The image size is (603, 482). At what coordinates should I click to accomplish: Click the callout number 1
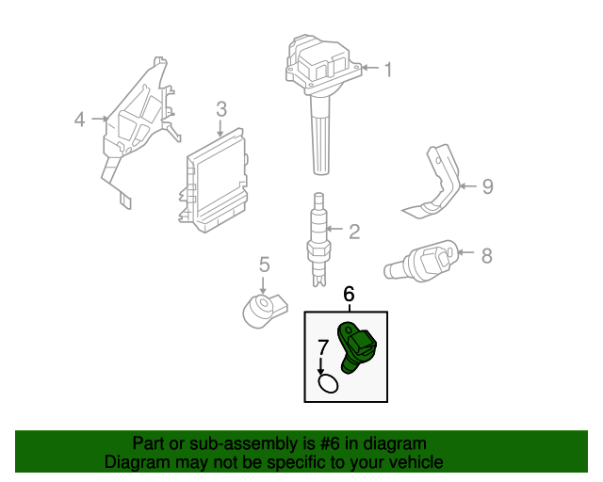coord(387,69)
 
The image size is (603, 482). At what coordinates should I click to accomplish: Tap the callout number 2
coord(354,232)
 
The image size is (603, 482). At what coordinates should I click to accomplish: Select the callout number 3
coord(220,109)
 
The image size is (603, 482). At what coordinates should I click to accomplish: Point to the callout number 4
coord(80,120)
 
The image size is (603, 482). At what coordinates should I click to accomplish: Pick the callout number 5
coord(265,265)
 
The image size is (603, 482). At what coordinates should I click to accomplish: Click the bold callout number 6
coord(349,295)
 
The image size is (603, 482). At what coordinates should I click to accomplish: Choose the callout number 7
coord(321,346)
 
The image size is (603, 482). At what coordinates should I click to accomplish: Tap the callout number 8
coord(487,254)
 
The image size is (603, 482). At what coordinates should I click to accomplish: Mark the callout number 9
coord(487,186)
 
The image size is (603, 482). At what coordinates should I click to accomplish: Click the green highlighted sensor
coord(357,346)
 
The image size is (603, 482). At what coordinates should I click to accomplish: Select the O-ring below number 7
coord(328,383)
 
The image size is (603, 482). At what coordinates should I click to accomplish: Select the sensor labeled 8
coord(421,262)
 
